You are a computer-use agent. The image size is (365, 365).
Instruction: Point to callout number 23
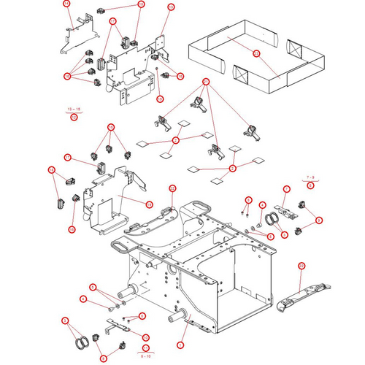click(x=256, y=54)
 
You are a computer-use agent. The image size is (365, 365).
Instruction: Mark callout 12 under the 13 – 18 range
click(x=74, y=117)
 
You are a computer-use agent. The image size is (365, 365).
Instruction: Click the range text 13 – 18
click(x=74, y=109)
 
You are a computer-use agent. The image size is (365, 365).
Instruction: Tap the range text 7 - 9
click(x=310, y=177)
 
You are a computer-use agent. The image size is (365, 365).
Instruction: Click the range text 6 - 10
click(x=145, y=356)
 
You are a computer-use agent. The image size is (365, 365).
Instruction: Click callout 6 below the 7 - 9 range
click(x=310, y=185)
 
